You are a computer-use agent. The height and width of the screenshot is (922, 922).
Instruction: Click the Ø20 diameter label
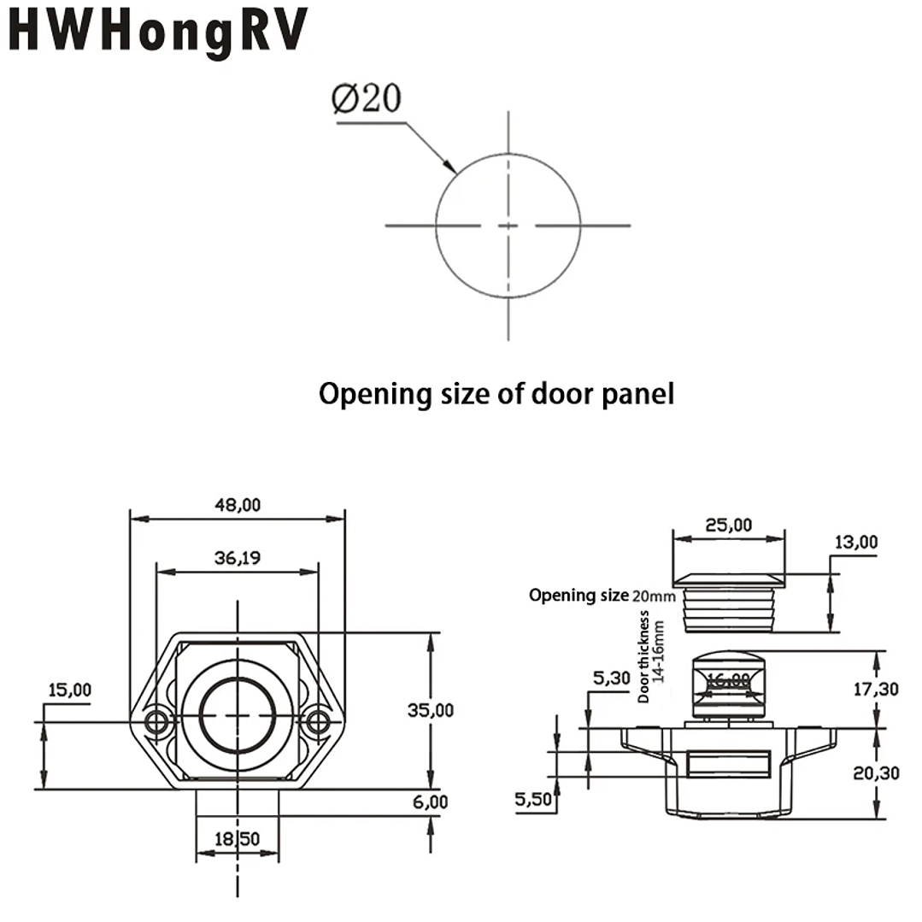(366, 100)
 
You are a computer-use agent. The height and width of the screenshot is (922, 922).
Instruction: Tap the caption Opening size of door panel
(496, 394)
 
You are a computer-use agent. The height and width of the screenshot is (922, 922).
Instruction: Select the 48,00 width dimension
(238, 505)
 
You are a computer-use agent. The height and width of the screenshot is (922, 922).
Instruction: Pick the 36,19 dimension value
(238, 558)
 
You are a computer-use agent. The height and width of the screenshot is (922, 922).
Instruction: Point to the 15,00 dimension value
(69, 690)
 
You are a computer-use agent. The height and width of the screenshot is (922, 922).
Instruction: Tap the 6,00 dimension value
(430, 802)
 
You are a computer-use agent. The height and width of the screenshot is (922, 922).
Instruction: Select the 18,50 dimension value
(238, 840)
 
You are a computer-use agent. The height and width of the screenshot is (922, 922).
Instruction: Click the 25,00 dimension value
(729, 525)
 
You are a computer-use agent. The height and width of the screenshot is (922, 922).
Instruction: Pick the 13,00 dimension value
(855, 542)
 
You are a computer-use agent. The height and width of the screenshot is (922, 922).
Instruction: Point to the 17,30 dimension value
(876, 688)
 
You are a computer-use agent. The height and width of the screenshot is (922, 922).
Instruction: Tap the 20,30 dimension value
(876, 773)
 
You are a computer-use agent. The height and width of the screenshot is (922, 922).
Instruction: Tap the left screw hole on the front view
(156, 722)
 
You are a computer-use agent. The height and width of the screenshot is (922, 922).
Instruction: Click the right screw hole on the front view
(318, 722)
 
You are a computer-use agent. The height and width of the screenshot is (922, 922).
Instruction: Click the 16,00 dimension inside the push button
(728, 680)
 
